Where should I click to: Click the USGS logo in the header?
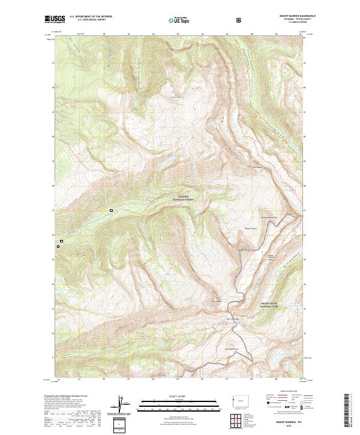(55, 19)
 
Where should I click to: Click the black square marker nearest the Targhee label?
(111, 211)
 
